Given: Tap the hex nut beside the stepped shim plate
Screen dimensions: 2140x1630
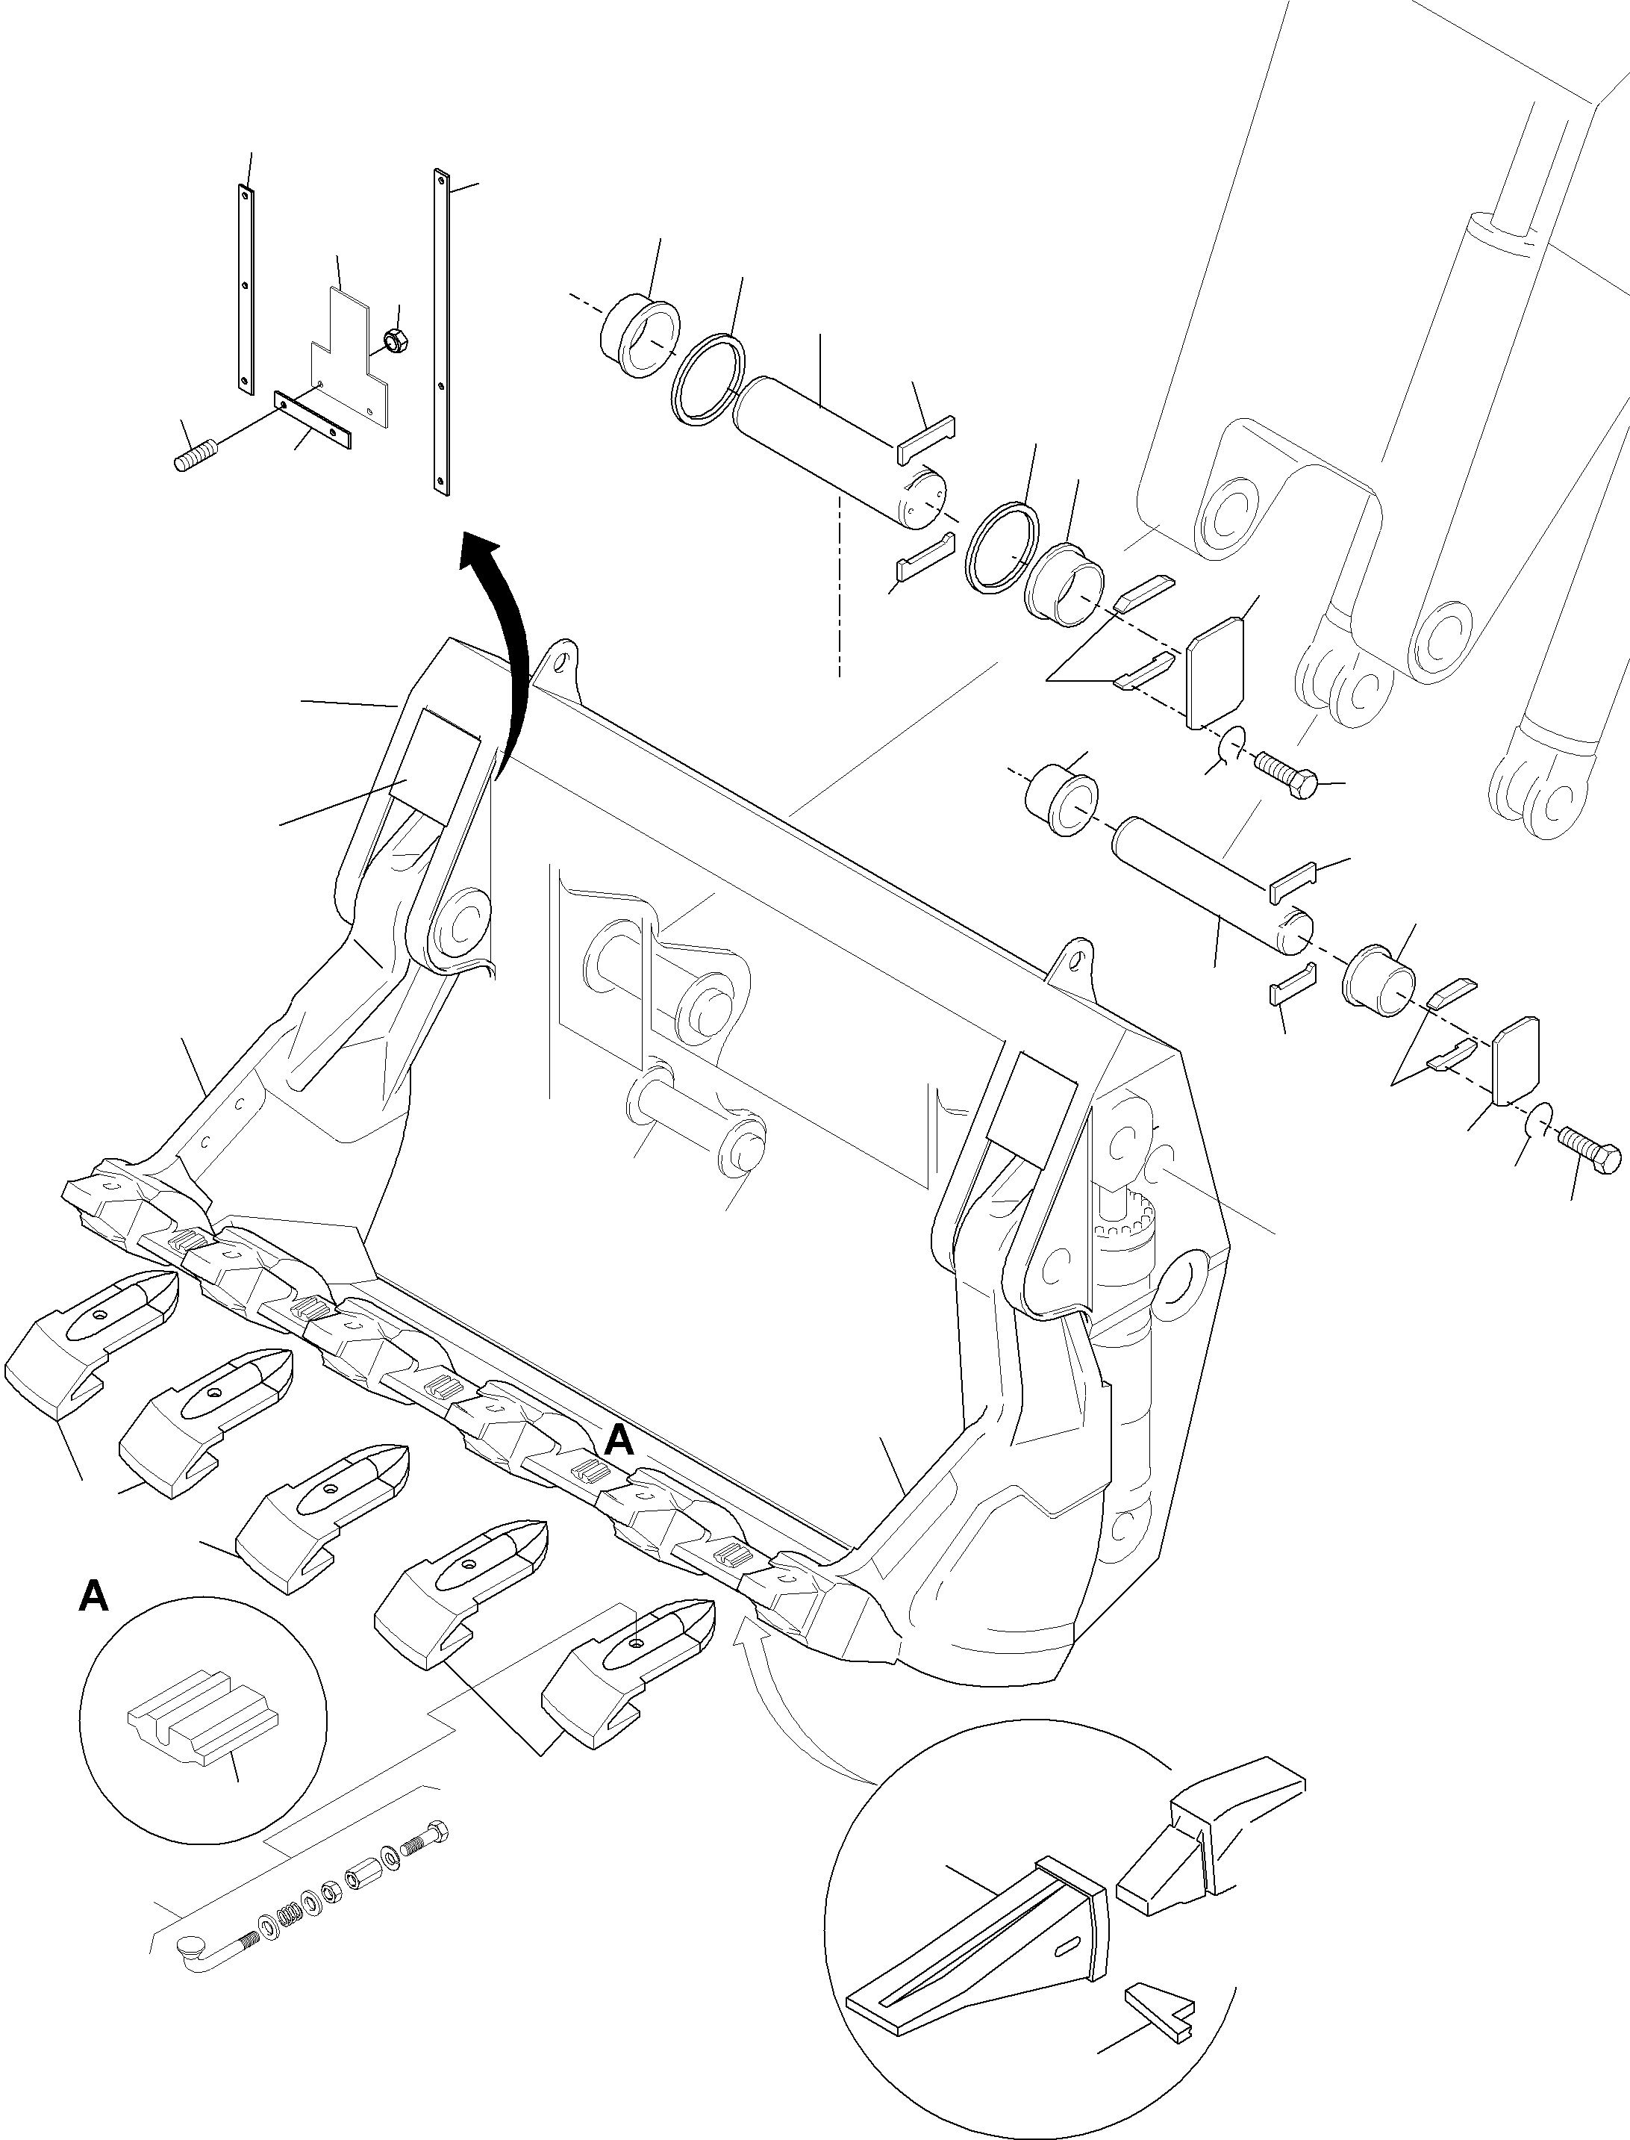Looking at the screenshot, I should tap(395, 340).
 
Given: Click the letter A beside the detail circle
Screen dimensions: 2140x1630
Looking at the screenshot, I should tap(93, 1596).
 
